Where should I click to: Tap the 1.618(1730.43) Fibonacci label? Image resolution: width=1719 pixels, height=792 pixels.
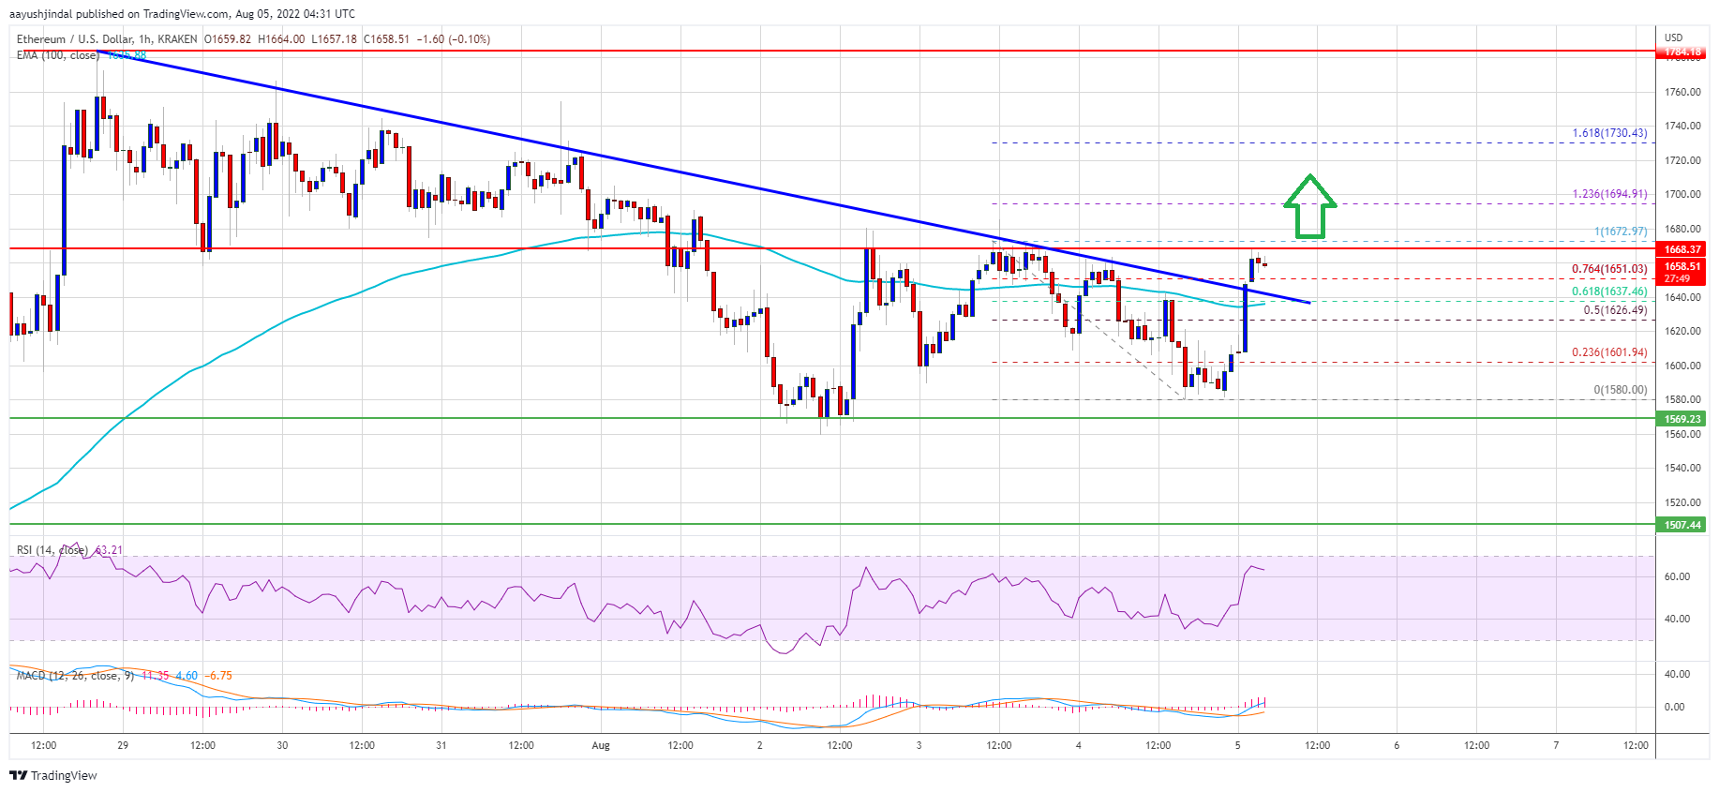pyautogui.click(x=1609, y=134)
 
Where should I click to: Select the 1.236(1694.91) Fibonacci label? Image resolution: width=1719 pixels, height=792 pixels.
pyautogui.click(x=1609, y=195)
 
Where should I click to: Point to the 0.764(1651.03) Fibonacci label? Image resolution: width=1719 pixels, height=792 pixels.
pyautogui.click(x=1609, y=269)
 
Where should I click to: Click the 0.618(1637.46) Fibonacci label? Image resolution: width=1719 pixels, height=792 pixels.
pyautogui.click(x=1609, y=291)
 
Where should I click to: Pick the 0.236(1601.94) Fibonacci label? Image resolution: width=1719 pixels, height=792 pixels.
pyautogui.click(x=1609, y=352)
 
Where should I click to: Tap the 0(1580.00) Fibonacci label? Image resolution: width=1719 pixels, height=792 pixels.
pyautogui.click(x=1620, y=390)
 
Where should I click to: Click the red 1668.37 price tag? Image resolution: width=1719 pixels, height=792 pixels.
pyautogui.click(x=1682, y=249)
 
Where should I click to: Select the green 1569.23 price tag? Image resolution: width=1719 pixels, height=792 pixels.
pyautogui.click(x=1682, y=419)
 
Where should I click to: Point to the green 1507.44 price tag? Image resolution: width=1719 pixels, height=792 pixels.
pyautogui.click(x=1682, y=525)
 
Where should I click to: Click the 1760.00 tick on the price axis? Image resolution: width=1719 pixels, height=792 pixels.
pyautogui.click(x=1682, y=92)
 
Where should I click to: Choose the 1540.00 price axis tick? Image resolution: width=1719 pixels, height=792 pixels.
pyautogui.click(x=1682, y=468)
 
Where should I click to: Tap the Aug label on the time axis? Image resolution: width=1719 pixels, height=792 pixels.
pyautogui.click(x=601, y=746)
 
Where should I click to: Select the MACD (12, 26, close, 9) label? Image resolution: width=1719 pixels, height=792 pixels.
pyautogui.click(x=70, y=676)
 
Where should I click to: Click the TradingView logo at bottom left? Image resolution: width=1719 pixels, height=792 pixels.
pyautogui.click(x=53, y=775)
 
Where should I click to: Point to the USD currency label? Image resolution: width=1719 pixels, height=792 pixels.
pyautogui.click(x=1673, y=37)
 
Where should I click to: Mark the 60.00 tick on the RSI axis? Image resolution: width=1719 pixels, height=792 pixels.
pyautogui.click(x=1677, y=576)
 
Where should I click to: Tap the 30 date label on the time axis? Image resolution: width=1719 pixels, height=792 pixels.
pyautogui.click(x=282, y=746)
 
